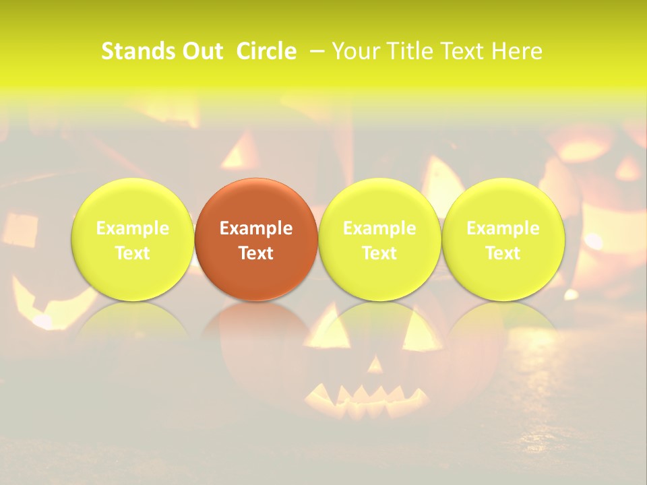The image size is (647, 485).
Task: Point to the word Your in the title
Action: click(354, 51)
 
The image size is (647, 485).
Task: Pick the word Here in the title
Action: click(518, 51)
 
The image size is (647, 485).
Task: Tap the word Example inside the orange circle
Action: click(256, 228)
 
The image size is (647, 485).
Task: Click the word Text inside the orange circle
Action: click(256, 253)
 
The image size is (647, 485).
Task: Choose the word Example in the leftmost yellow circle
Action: click(133, 228)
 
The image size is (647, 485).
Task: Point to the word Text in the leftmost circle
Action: click(133, 253)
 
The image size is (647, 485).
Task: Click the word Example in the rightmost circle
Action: click(503, 228)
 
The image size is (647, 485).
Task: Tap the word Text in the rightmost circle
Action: click(503, 253)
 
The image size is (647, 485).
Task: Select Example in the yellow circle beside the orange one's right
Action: click(379, 228)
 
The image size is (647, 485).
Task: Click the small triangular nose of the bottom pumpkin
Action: click(375, 364)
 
